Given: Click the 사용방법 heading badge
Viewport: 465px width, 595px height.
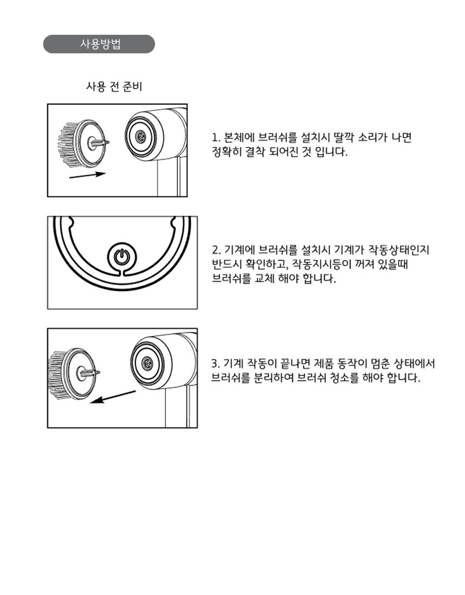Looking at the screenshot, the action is [x=99, y=44].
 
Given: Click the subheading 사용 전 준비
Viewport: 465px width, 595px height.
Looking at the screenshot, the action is [x=114, y=87].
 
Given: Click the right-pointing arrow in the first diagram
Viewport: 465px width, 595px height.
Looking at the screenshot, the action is [x=87, y=175].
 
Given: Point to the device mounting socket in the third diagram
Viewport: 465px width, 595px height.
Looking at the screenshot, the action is [x=147, y=363].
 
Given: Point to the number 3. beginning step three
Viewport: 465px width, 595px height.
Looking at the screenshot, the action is [x=215, y=364].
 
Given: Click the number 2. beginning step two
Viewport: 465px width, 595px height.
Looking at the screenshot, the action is [x=216, y=250].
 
